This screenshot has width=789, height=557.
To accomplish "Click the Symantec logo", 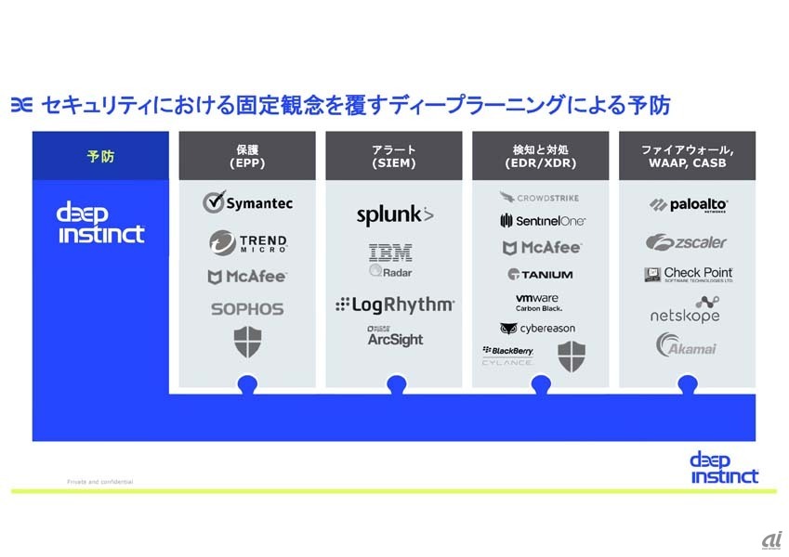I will coord(247,202).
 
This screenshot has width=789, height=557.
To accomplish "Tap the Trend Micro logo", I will coord(247,243).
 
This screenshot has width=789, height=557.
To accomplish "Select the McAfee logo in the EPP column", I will coord(247,277).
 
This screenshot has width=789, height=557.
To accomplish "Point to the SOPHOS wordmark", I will coord(247,309).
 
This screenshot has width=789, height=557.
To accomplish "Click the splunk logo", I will coord(395,215).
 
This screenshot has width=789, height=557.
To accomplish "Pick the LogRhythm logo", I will coord(395,304).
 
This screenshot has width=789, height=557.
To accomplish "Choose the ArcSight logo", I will coord(395,337).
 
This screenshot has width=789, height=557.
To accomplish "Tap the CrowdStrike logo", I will coord(540,198).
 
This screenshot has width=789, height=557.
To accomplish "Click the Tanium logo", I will coord(540,274).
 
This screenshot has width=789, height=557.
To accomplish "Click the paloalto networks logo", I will coord(688,205).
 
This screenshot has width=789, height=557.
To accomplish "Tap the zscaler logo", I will coord(688,242).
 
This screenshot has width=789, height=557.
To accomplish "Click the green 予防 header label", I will coord(100,156).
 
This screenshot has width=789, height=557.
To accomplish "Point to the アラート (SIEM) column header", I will coord(395,156).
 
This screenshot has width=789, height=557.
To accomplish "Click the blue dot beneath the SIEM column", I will coord(396,383).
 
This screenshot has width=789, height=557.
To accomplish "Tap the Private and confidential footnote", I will coord(99,482).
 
